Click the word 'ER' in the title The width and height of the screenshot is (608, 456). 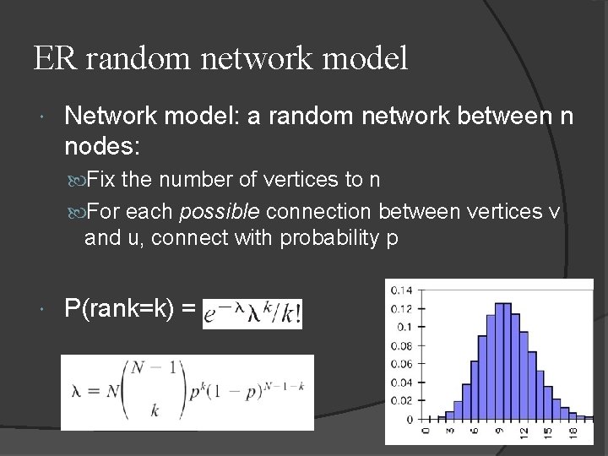coord(51,58)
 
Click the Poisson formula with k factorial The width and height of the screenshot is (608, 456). coord(252,313)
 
